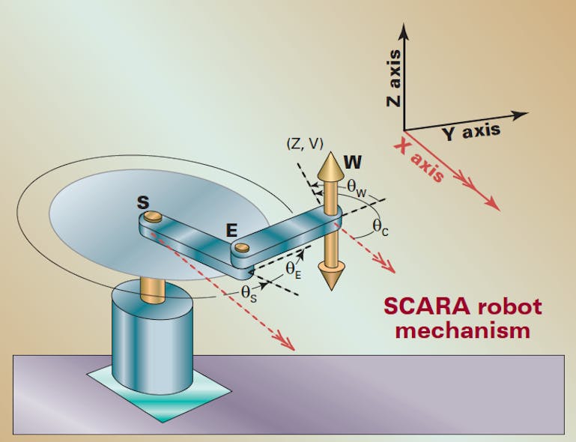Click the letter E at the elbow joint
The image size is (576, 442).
(x=232, y=230)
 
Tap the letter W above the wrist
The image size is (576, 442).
(x=352, y=161)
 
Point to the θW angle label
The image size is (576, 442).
(x=357, y=191)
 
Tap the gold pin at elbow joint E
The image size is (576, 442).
(x=241, y=246)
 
